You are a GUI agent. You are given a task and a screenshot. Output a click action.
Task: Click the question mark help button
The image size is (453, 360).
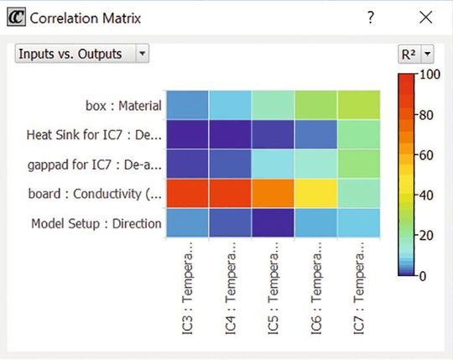[370, 18]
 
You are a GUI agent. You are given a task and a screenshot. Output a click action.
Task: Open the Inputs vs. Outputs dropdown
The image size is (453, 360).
[82, 54]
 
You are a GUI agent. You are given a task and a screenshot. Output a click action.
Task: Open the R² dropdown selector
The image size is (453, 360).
[415, 54]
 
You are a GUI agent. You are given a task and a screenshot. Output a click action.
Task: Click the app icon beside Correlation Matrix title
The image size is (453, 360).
[15, 18]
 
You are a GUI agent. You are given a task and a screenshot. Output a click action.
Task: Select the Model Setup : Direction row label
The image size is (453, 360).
[96, 224]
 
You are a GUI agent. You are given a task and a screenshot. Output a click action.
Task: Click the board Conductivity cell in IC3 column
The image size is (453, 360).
[186, 194]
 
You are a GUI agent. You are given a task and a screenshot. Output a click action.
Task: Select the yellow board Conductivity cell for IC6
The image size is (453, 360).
[315, 194]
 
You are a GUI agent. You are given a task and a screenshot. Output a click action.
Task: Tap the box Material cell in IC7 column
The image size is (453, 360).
[359, 104]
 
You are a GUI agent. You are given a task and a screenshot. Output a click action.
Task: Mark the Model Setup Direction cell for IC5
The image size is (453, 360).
[273, 224]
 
